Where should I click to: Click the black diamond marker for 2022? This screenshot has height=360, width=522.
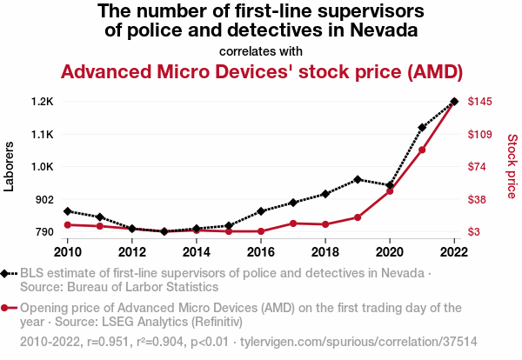click(454, 102)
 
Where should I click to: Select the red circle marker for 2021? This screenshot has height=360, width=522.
click(422, 150)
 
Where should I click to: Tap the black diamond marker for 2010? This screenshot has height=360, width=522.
click(68, 211)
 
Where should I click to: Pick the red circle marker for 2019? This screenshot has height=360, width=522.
click(358, 217)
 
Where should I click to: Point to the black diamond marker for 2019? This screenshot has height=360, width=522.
click(358, 180)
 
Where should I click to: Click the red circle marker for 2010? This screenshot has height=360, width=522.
click(68, 225)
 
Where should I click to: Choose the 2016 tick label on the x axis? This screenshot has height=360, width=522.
click(261, 252)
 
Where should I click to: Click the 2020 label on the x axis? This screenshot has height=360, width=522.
click(390, 252)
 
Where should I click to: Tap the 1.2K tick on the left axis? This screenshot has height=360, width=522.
click(42, 102)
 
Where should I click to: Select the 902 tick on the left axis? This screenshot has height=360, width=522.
click(44, 200)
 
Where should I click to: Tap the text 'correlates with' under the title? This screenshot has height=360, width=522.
click(261, 50)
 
